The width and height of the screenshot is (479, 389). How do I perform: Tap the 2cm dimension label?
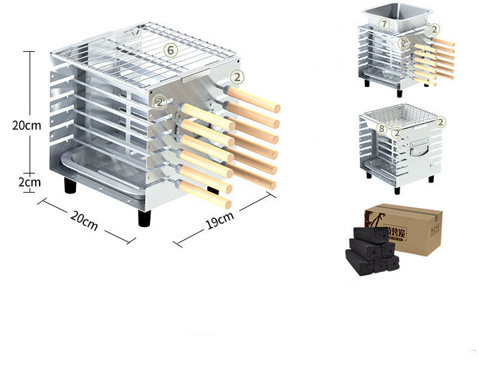click(x=29, y=182)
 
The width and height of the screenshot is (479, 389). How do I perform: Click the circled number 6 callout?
click(x=170, y=49)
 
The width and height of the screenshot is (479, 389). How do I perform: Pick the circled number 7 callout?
click(x=384, y=24)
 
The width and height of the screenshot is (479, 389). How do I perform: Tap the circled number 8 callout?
click(x=381, y=129)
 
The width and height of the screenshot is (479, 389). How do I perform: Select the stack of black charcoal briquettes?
click(x=372, y=250)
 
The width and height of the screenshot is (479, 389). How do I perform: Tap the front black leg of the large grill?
click(x=144, y=218)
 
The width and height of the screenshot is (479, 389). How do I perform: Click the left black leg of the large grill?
click(x=70, y=185)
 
